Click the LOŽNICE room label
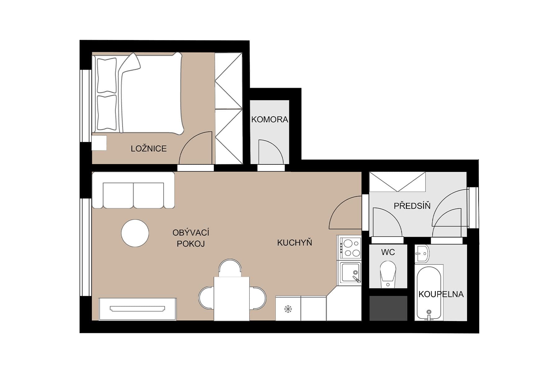[x=148, y=149]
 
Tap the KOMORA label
[x=269, y=119]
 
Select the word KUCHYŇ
[x=294, y=243]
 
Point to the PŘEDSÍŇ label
[x=412, y=206]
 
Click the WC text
[x=388, y=252]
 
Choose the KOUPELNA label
[x=441, y=294]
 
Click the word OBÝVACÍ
[x=191, y=233]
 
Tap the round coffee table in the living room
[x=135, y=233]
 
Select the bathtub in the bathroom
[x=429, y=292]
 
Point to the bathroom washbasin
[x=422, y=253]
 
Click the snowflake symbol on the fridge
[x=288, y=309]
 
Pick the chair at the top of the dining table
[x=230, y=268]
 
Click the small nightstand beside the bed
[x=99, y=143]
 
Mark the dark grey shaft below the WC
[x=388, y=308]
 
